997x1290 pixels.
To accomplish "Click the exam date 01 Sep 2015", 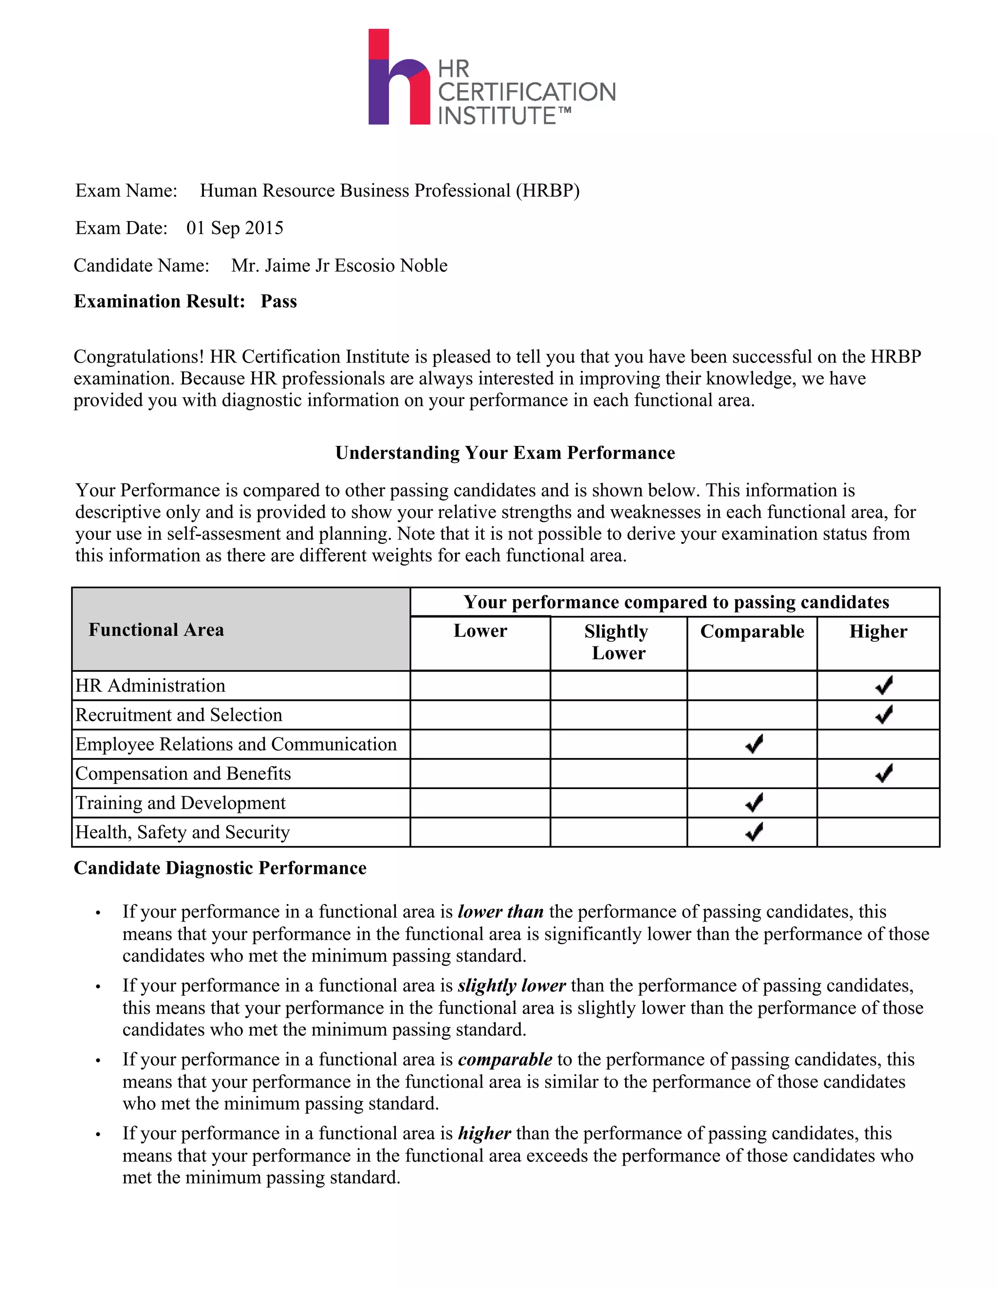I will tap(235, 228).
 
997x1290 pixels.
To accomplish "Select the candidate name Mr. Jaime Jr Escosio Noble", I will tap(339, 265).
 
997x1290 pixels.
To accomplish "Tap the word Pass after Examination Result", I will tap(279, 301).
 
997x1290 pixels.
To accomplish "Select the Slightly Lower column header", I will tap(618, 642).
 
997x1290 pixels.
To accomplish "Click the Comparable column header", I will tap(752, 631).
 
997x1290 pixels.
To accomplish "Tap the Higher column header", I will tap(878, 631).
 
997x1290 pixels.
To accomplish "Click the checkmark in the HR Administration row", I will tap(884, 685).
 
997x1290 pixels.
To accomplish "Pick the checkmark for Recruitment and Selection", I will tap(884, 715).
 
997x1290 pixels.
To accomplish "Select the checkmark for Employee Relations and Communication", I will tap(754, 744).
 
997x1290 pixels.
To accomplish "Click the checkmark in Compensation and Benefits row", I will tap(884, 773).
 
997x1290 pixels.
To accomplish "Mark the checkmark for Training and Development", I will tap(754, 803).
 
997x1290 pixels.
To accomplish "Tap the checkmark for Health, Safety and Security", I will tap(754, 831).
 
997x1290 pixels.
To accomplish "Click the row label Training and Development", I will tap(181, 803).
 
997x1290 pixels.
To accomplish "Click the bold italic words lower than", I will tap(500, 912).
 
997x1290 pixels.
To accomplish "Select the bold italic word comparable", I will tap(505, 1059).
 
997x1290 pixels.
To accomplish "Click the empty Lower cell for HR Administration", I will tap(480, 685).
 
